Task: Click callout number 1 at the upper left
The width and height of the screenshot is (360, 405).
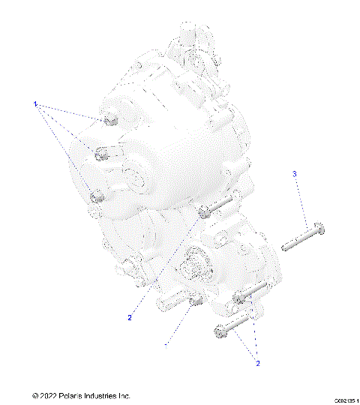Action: click(x=34, y=104)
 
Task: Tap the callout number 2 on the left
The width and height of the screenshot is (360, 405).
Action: click(x=129, y=317)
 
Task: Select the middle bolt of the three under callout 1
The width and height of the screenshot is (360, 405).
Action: click(x=102, y=155)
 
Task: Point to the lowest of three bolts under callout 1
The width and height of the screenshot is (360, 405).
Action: click(x=96, y=197)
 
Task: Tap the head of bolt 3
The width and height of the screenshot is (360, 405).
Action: click(x=319, y=226)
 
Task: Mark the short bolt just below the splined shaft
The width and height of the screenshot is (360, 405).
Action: click(x=194, y=301)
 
